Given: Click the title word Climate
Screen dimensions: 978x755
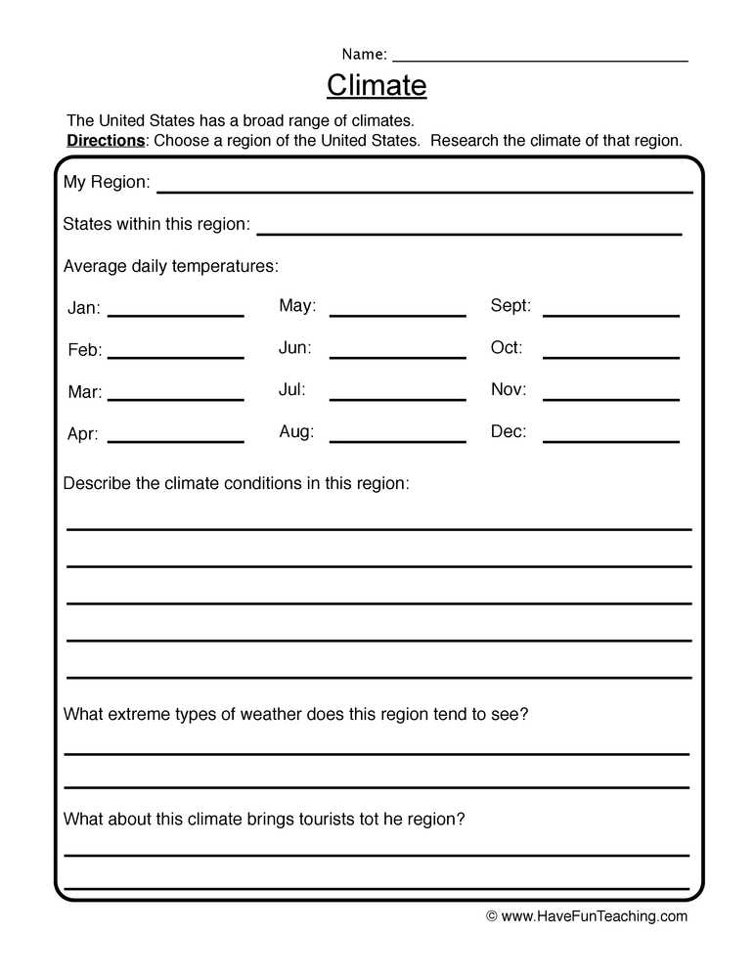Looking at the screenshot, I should coord(377,86).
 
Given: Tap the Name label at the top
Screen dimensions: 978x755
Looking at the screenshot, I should coord(364,55).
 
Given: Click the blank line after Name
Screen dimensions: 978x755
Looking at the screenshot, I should coord(540,60).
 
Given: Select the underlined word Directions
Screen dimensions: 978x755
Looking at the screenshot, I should coord(106,141).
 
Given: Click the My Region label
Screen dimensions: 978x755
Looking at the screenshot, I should coord(107,183).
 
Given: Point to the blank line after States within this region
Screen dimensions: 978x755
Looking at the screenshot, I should coord(468,233).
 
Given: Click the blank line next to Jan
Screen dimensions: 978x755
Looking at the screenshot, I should coord(175,315).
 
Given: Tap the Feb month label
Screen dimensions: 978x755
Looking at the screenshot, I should coord(85,350).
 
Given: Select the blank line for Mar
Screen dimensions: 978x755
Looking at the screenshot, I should coord(175,399).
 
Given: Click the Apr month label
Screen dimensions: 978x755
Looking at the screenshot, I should coord(83,434).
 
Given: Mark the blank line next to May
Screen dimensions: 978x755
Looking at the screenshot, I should coord(397,315).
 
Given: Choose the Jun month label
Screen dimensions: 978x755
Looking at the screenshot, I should coord(295,348).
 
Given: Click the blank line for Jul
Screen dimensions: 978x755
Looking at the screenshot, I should coord(397,399).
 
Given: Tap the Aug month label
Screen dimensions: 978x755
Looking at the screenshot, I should coord(296,432).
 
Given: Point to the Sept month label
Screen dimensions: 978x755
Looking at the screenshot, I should coord(511,306).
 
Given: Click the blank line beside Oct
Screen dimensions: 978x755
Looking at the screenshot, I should coord(610,357).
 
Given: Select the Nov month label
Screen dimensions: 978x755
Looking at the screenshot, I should coord(509,390).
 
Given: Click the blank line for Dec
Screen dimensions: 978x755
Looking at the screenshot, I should coord(610,441).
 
